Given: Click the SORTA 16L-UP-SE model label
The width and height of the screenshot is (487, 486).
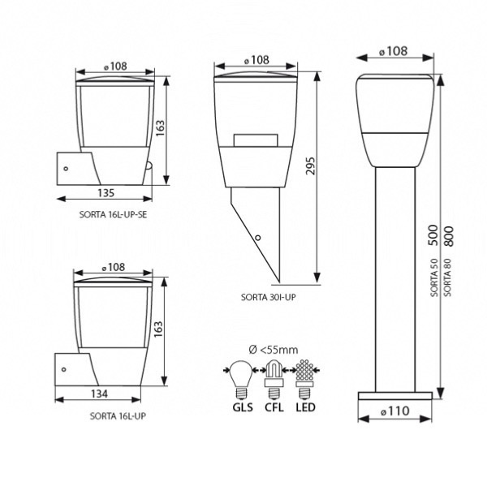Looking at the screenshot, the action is point(113,214).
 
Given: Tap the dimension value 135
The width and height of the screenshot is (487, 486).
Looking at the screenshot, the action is point(106,193).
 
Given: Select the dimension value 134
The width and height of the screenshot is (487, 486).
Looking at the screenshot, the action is point(99,394).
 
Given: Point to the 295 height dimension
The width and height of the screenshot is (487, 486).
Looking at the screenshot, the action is point(310,166).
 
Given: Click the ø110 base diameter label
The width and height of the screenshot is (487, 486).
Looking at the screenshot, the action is point(394,411).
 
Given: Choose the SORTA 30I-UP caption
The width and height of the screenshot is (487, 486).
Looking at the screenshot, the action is point(269,297).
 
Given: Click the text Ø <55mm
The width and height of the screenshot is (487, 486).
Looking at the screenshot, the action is point(274,350).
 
